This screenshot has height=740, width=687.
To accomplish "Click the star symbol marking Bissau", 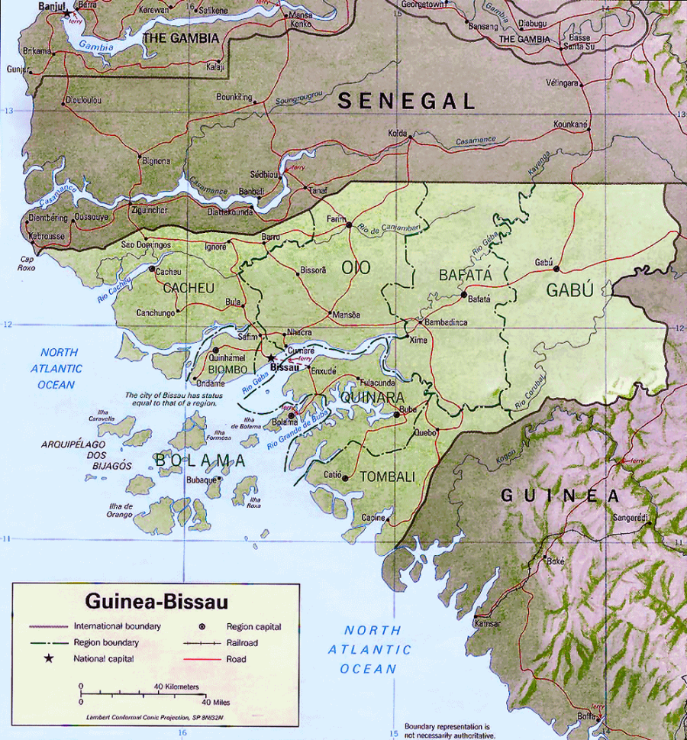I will click(x=271, y=357).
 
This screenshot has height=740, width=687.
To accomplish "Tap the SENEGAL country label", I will click(x=407, y=101).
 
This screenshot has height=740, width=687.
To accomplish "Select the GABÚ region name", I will click(x=569, y=290).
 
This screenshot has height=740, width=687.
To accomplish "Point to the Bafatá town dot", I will click(x=463, y=294).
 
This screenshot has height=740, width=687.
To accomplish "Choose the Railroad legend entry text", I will click(x=243, y=643).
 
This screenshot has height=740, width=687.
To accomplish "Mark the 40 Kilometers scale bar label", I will click(x=177, y=687).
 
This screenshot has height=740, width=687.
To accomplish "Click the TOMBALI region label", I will click(x=387, y=477).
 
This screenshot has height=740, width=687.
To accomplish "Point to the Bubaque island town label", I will click(x=202, y=480).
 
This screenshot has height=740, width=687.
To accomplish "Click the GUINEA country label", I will click(x=561, y=496).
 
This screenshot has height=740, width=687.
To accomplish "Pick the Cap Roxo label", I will click(x=27, y=263).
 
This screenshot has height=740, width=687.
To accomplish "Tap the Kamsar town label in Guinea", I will click(x=487, y=623).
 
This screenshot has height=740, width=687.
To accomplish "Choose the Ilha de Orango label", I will click(x=121, y=510).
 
